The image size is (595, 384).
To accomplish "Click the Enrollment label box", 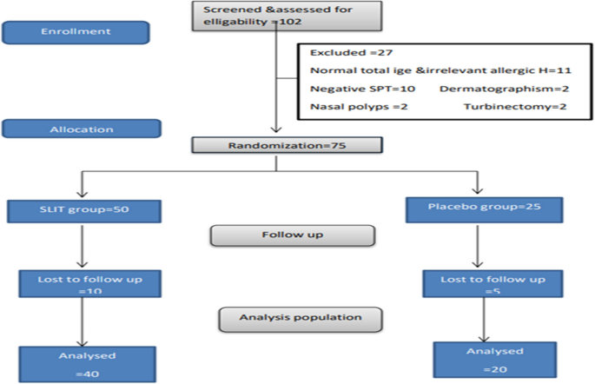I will point(76,32).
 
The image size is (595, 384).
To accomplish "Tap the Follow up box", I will point(293,235).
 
